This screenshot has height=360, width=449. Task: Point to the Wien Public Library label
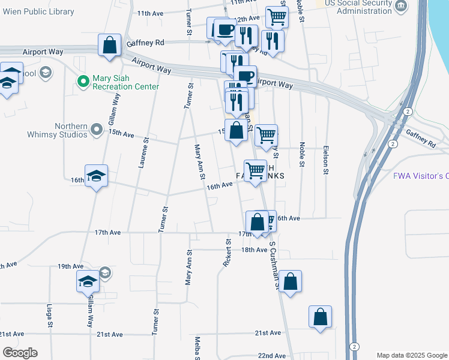(41, 12)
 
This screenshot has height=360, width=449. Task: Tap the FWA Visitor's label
(421, 176)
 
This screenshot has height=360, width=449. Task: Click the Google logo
(20, 353)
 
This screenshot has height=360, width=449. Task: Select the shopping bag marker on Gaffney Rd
(110, 46)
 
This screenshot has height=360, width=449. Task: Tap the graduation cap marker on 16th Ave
(96, 176)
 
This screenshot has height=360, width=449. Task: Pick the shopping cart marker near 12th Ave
(276, 17)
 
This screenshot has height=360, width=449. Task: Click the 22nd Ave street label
(272, 355)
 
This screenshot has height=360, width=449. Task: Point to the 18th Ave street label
(254, 250)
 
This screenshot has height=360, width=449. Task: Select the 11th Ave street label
(150, 13)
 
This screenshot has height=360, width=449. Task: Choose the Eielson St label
(325, 159)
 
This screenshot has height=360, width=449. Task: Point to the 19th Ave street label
(70, 266)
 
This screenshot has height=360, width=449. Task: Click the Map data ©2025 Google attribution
(412, 355)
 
